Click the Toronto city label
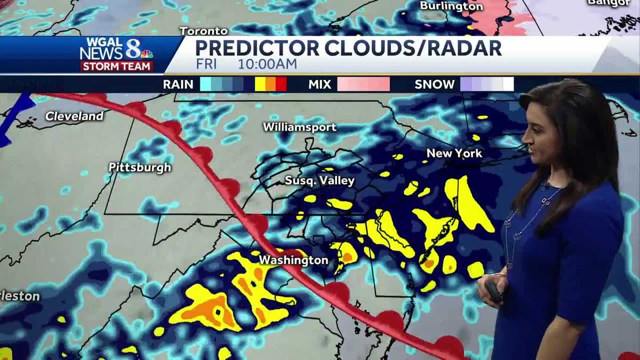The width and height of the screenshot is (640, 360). (204, 31)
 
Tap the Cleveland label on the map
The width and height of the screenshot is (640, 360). (74, 116)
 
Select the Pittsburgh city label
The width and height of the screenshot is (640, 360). (140, 167)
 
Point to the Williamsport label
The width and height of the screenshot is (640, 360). (299, 127)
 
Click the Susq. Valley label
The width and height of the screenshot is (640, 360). (319, 180)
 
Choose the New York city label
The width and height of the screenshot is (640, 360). (454, 153)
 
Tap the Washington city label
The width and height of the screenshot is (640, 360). (293, 260)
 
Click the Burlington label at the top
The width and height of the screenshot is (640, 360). (451, 6)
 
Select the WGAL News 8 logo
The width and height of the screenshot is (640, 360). (116, 50)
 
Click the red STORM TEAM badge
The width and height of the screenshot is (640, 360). (117, 66)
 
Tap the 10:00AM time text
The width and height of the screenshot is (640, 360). (267, 65)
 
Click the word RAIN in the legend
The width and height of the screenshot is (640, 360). (178, 84)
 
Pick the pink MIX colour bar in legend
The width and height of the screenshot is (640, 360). (363, 84)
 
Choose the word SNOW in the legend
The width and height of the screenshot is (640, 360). (435, 84)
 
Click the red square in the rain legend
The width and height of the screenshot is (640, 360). (281, 84)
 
